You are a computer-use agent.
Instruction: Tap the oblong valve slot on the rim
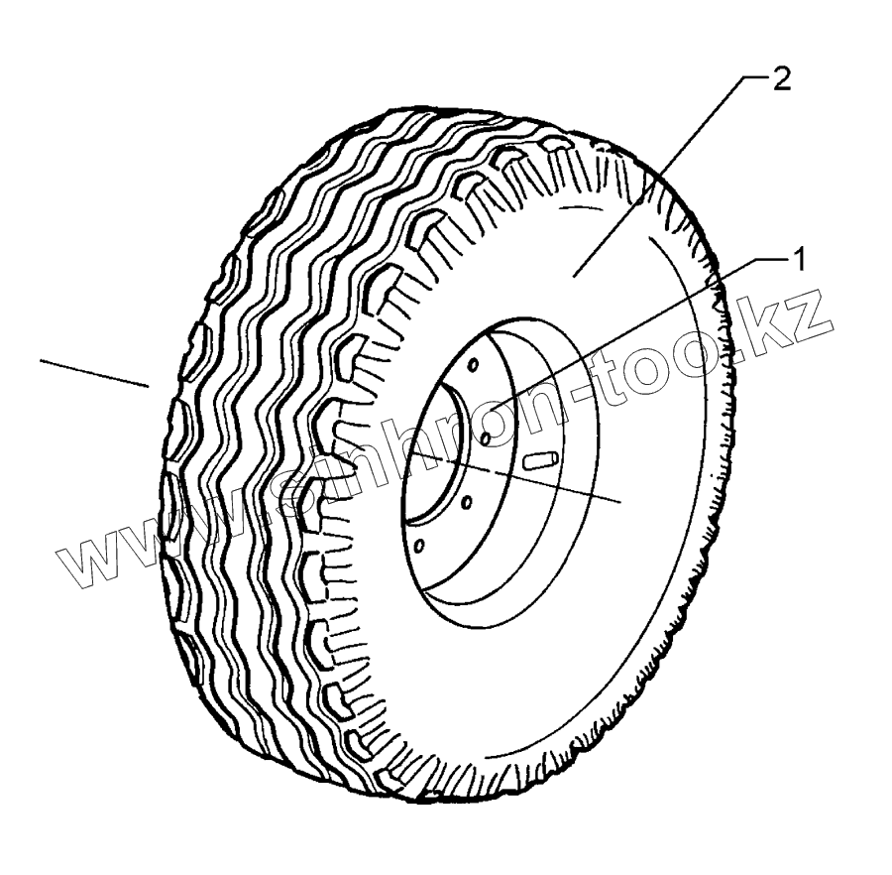[541, 458]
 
